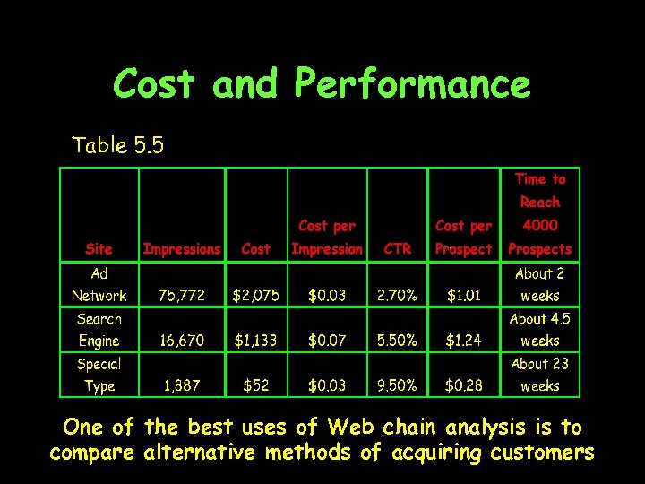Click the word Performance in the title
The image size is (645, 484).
point(412,85)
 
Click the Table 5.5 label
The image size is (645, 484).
point(117,145)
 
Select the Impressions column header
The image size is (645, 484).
point(182,249)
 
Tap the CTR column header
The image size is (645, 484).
point(397,249)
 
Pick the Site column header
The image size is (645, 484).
point(99,249)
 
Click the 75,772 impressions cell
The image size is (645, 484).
point(182,296)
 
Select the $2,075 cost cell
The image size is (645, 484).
point(256,296)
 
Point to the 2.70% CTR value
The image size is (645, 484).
point(397,296)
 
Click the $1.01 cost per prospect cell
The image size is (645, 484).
point(463,296)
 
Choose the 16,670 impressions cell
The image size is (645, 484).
point(182,341)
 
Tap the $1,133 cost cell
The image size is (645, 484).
point(256,341)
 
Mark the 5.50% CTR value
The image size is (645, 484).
point(397,341)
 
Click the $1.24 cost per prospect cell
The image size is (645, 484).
point(463,341)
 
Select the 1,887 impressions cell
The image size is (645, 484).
point(182,386)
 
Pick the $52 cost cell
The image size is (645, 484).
point(256,386)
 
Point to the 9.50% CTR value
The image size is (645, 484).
point(397,386)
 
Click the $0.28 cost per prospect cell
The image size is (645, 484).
point(463,386)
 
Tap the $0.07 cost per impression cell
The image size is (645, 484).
point(327,341)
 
